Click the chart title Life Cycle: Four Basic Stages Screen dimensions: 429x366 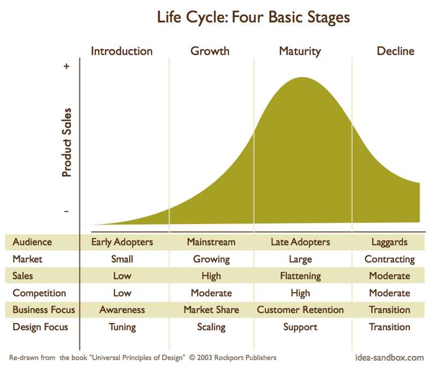(x=253, y=18)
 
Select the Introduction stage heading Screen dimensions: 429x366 (x=122, y=51)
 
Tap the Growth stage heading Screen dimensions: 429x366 (x=210, y=51)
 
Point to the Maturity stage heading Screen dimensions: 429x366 (x=300, y=51)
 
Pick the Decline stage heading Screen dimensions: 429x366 (x=395, y=51)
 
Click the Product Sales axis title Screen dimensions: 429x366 (x=66, y=143)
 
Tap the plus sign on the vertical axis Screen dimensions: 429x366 (x=66, y=66)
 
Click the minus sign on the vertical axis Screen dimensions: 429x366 (x=66, y=211)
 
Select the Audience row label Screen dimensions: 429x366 (x=32, y=242)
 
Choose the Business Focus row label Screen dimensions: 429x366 (x=43, y=310)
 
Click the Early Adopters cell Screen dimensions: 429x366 (x=122, y=242)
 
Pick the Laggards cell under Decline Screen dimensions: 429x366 (x=389, y=242)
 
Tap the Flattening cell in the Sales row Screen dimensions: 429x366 (x=300, y=276)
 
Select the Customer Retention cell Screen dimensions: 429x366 (x=300, y=310)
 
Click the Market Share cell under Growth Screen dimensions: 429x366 (x=211, y=310)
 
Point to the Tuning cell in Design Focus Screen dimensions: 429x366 (x=122, y=327)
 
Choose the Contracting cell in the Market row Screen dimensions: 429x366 (x=390, y=259)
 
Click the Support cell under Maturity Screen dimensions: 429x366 (x=300, y=327)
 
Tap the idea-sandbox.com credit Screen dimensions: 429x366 (x=389, y=357)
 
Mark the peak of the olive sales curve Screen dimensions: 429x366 (x=302, y=77)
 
